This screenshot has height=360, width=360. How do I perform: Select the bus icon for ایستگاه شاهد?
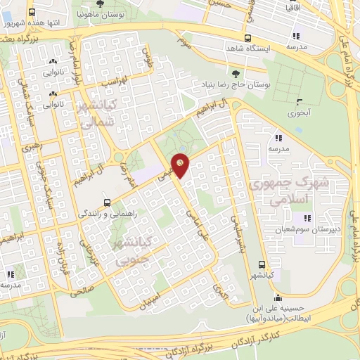247,38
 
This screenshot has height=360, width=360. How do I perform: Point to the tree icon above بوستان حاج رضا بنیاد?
235,73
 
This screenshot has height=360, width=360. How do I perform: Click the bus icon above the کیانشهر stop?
262,265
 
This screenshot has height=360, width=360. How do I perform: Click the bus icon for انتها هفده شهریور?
32,13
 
